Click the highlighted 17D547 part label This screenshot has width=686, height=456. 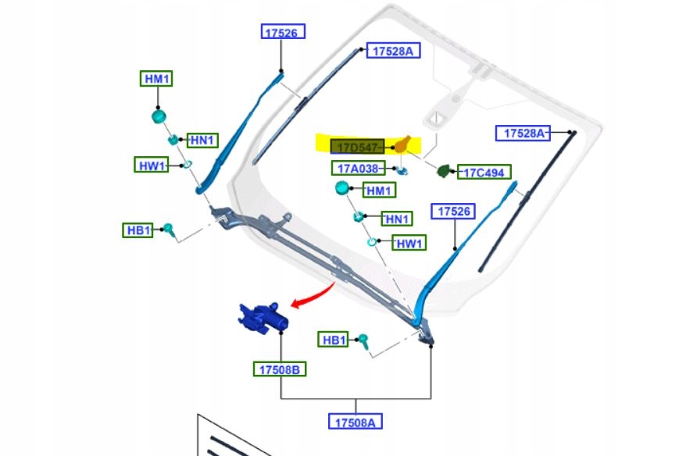tap(357, 147)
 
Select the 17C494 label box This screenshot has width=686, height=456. tap(484, 173)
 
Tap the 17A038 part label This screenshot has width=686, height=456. tap(359, 169)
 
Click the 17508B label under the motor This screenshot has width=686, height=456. tap(280, 369)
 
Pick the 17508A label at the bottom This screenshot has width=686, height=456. tap(356, 422)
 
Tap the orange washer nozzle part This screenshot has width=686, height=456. tap(402, 144)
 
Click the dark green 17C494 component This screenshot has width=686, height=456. tap(443, 170)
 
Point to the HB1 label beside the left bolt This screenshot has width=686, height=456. tap(138, 230)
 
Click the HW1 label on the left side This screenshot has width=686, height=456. tap(152, 165)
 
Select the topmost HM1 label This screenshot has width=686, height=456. tap(156, 79)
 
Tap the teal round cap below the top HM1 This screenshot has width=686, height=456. tap(159, 116)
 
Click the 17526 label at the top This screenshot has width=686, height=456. tap(283, 32)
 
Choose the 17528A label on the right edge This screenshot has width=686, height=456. tap(523, 133)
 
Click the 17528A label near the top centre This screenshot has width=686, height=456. tap(393, 51)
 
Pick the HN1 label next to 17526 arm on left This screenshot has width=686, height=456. tap(202, 141)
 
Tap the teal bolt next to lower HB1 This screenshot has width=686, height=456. tap(363, 340)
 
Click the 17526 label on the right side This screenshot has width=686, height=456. tap(453, 211)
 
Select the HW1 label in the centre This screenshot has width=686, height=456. tap(409, 243)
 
